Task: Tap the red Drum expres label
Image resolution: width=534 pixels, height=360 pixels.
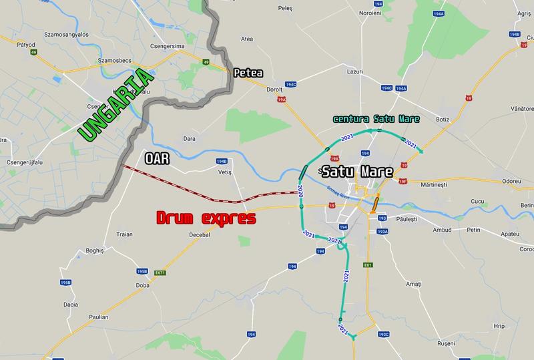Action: (206, 218)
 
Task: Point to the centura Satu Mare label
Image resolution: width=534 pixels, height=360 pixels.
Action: (376, 120)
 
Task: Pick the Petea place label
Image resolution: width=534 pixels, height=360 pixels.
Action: (248, 73)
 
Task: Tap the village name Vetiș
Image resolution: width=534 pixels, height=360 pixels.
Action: (224, 172)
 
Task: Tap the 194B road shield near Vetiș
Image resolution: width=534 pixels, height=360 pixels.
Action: (222, 162)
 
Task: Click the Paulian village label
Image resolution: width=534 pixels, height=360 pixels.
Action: (96, 317)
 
